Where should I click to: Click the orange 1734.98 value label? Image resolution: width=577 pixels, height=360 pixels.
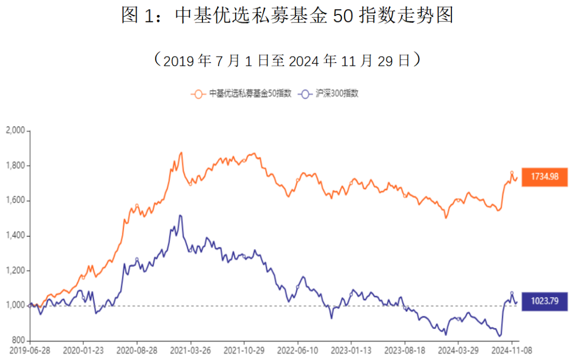point(545,176)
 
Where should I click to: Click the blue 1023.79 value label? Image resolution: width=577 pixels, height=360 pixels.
point(545,301)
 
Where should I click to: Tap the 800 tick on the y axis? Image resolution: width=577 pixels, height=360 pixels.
point(18,341)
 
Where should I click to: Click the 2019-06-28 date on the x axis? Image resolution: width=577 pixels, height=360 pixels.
point(30,350)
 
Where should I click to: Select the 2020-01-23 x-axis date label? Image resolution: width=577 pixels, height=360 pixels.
point(83,350)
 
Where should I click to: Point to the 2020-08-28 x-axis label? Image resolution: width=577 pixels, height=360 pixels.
point(137,350)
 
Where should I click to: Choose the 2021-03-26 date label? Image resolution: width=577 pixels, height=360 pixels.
point(191,350)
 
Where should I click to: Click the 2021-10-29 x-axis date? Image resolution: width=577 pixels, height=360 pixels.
point(244,350)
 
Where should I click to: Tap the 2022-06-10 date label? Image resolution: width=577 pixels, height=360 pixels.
point(298,350)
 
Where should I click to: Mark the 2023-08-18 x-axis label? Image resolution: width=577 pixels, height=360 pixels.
point(405,350)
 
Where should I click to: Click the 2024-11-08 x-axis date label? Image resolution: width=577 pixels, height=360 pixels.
point(512,350)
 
